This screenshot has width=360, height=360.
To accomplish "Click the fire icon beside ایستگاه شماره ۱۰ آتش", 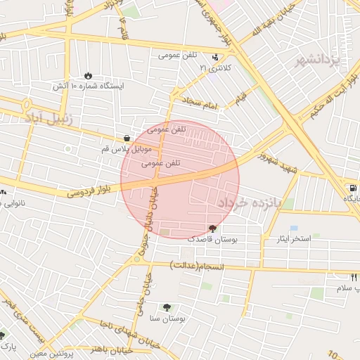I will pyautogui.click(x=88, y=75).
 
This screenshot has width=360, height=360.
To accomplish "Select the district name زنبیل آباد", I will pyautogui.click(x=48, y=116).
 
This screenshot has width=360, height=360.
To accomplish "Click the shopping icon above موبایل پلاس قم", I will pyautogui.click(x=126, y=139).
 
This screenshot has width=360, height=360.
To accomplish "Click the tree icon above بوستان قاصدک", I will pyautogui.click(x=212, y=229).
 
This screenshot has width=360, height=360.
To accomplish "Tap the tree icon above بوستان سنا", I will pyautogui.click(x=167, y=307).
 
